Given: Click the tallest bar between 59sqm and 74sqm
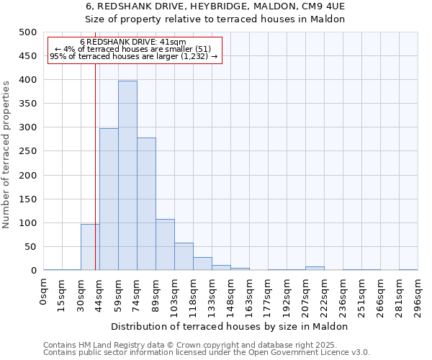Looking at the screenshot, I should [x=127, y=176].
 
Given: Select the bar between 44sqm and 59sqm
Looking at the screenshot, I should [x=109, y=199].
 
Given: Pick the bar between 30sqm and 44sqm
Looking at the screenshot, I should [x=90, y=247].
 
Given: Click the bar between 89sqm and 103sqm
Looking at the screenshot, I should [x=165, y=245].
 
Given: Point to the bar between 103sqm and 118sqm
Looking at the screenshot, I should [x=184, y=257].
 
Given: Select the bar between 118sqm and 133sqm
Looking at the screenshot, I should [x=202, y=264].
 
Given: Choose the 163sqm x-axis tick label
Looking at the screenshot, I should [x=249, y=294].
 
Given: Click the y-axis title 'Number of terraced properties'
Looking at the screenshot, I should [x=7, y=154].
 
